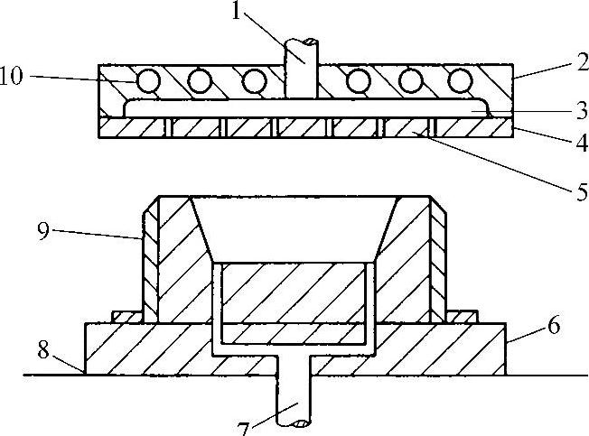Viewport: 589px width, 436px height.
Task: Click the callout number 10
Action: tap(14, 79)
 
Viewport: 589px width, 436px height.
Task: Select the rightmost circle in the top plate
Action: tap(461, 83)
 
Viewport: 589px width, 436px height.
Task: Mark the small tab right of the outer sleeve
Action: tap(463, 315)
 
